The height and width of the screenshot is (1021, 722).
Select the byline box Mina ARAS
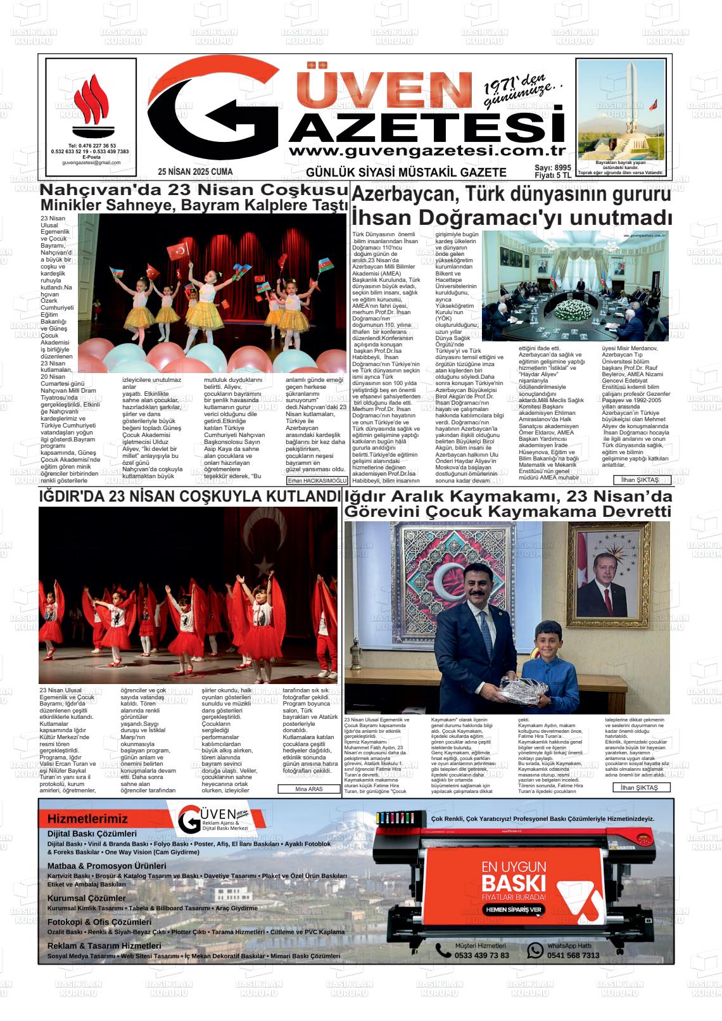310,789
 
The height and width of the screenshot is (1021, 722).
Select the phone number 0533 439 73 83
481,955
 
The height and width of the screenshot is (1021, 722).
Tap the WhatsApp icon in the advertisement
535,950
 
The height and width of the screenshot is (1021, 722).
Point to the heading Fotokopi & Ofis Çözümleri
99,922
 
